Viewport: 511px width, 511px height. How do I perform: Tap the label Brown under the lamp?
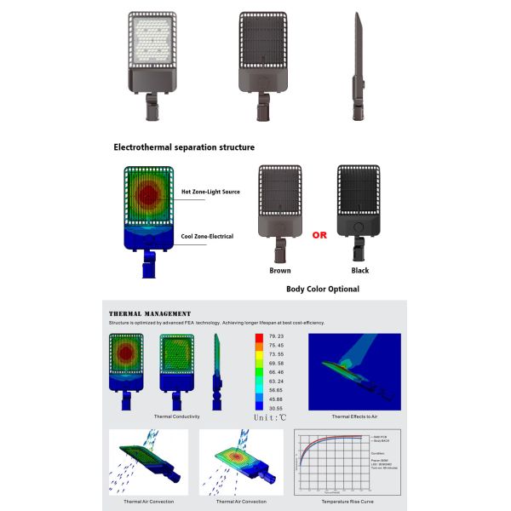(x=279, y=271)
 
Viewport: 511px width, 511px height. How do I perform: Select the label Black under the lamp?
(x=359, y=271)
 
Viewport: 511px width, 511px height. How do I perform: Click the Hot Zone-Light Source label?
(x=210, y=192)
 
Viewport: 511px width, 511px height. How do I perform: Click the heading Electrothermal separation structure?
(x=184, y=147)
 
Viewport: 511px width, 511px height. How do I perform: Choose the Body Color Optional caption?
(x=323, y=290)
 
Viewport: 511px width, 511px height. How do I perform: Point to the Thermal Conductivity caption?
(x=176, y=417)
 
